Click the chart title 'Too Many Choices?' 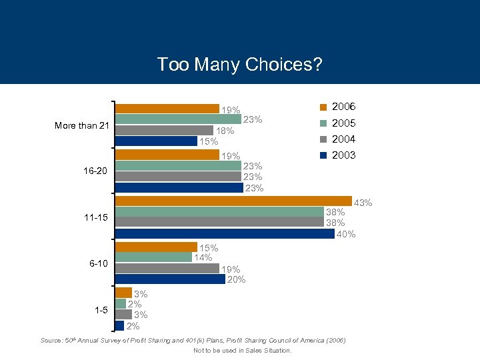click(x=239, y=64)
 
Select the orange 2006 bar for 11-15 click(x=233, y=201)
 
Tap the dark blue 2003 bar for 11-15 click(x=225, y=233)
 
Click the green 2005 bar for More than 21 click(x=178, y=119)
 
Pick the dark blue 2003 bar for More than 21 click(x=157, y=141)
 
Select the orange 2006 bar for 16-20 click(x=167, y=155)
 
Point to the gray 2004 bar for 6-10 click(x=167, y=268)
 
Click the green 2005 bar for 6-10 click(x=154, y=257)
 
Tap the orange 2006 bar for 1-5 click(x=124, y=293)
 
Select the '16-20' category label click(x=95, y=171)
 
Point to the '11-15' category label click(x=95, y=217)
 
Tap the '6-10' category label click(x=98, y=263)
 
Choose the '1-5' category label click(x=100, y=309)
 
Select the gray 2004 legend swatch click(x=323, y=139)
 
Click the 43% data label click(x=362, y=203)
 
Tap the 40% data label click(x=345, y=234)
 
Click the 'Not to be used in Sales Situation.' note click(x=242, y=350)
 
